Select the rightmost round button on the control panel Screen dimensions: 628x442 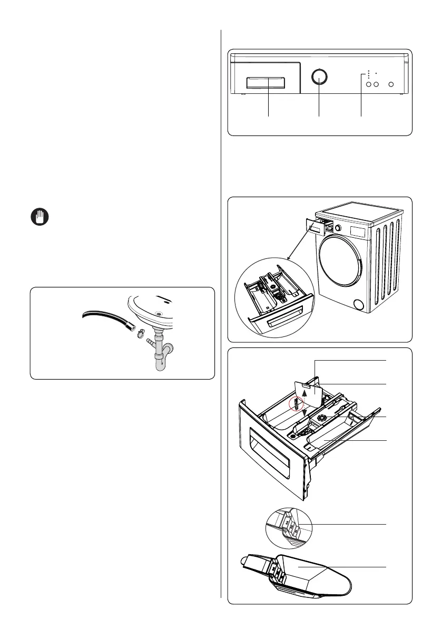(x=391, y=84)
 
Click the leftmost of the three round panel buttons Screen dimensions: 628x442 (x=369, y=84)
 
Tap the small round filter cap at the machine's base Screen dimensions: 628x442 (x=359, y=304)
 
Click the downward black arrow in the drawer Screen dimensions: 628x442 (x=304, y=412)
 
